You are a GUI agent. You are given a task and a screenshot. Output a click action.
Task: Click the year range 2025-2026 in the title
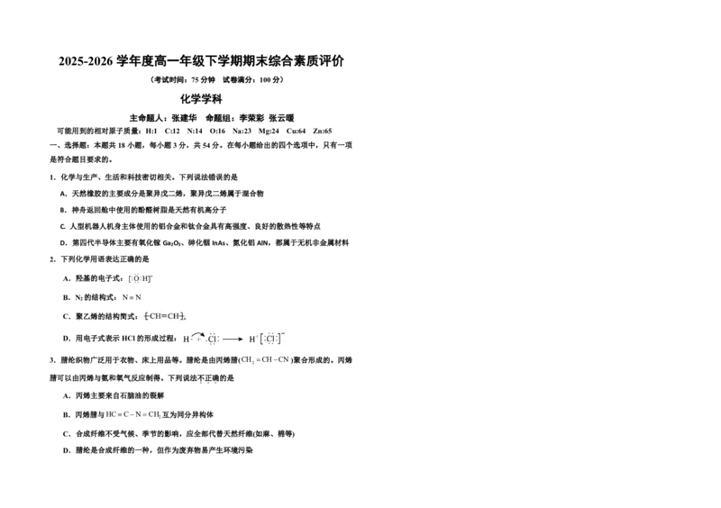pos(86,61)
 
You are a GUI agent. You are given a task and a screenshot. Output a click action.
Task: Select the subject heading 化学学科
pos(201,99)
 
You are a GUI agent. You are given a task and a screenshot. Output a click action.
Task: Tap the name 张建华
pos(184,118)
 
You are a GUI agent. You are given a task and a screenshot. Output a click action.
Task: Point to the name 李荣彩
pos(251,118)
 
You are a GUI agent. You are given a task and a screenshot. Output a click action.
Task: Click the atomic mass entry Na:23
pos(242,131)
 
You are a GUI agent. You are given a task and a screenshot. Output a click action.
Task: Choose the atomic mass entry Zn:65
pos(323,131)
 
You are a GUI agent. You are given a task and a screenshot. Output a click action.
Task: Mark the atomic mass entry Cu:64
pos(296,131)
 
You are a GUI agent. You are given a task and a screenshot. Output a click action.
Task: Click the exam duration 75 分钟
pos(203,80)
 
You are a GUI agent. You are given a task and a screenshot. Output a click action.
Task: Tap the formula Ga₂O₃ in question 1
pos(173,242)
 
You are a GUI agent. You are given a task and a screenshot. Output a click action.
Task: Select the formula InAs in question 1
pos(218,242)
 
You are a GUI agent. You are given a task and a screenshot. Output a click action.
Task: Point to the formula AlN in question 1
pos(263,242)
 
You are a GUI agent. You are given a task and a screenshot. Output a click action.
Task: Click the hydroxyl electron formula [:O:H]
pos(141,278)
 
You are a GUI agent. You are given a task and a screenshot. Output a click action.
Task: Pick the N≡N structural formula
pos(132,297)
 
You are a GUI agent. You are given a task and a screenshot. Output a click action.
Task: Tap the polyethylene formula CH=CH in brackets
pos(165,316)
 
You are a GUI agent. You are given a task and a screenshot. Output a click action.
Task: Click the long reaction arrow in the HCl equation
pos(233,340)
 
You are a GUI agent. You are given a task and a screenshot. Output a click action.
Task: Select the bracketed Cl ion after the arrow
pos(272,339)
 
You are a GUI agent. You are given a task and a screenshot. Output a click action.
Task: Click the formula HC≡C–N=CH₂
pos(132,414)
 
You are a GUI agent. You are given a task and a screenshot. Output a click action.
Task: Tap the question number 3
pos(53,360)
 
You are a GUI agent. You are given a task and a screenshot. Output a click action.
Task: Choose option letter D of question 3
pos(66,450)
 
